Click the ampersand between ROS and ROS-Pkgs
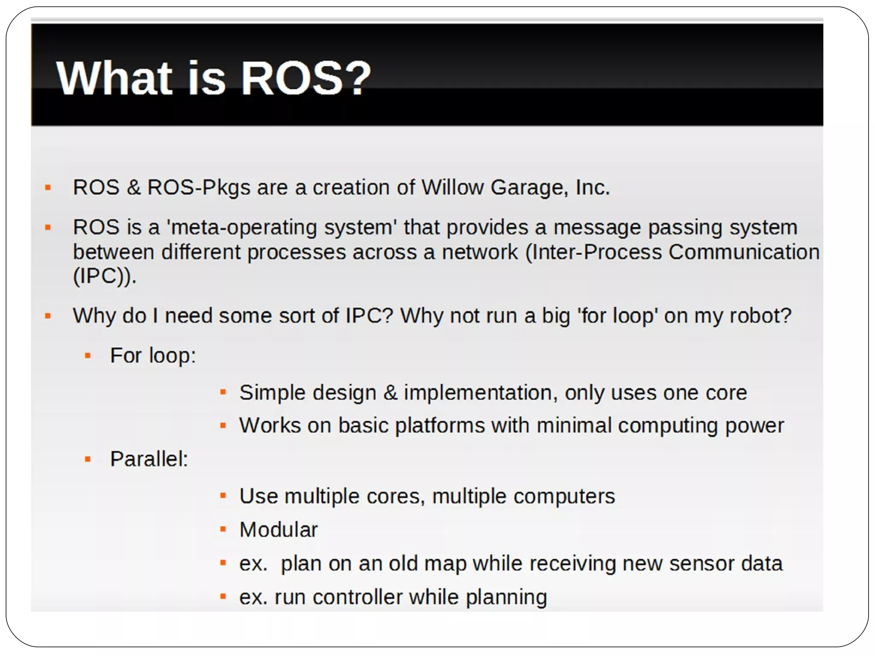[134, 187]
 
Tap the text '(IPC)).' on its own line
[105, 276]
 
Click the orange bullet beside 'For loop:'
[88, 355]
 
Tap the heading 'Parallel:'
[149, 459]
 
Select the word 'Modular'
[279, 530]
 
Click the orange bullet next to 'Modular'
[223, 529]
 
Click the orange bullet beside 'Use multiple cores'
[223, 496]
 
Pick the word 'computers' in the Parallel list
[564, 496]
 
